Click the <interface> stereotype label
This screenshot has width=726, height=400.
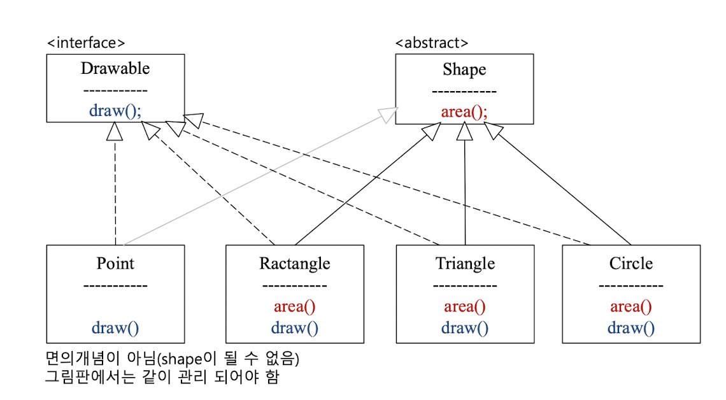86,43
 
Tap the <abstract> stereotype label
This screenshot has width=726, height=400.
432,43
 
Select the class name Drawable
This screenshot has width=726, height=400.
115,68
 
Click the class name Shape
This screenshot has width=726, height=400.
464,69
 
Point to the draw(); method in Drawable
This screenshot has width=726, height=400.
115,110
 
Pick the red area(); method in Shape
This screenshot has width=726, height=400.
464,112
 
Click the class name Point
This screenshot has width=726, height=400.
115,263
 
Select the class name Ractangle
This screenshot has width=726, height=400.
295,263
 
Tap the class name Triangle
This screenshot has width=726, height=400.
465,263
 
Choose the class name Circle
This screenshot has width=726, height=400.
631,263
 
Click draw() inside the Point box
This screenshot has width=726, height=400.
115,328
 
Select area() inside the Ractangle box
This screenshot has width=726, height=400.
295,306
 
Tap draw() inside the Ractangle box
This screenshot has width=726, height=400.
295,328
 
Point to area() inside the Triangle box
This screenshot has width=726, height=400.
465,306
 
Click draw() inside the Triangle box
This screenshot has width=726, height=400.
465,328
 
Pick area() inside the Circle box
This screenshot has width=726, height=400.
631,306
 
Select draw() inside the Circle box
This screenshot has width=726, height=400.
631,328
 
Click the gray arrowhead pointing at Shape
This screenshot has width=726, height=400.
388,115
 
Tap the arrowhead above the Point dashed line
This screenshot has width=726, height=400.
115,131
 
